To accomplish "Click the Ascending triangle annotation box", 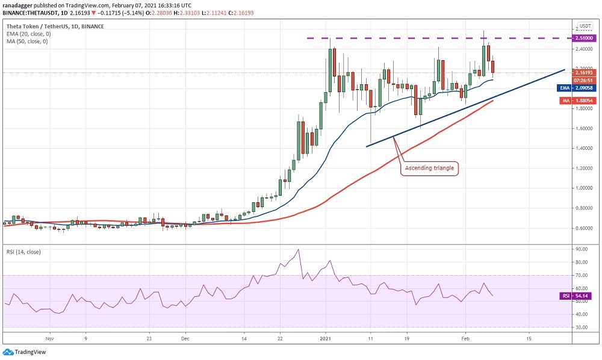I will tap(429, 167).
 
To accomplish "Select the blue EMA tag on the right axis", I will tap(565, 87).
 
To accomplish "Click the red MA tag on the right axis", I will tap(564, 101).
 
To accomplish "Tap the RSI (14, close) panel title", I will tap(23, 252).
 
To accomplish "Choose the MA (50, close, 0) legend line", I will tap(27, 42).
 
